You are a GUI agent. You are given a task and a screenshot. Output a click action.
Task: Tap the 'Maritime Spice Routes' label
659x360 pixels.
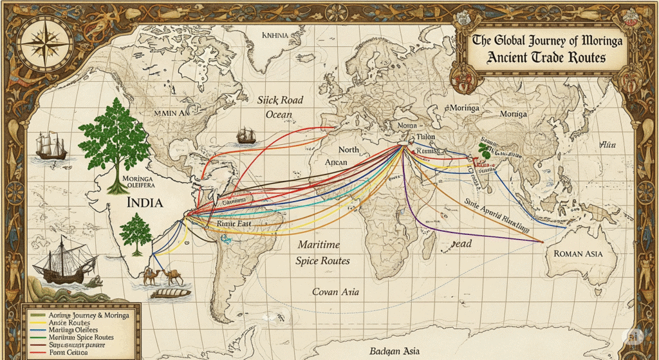coord(323,253)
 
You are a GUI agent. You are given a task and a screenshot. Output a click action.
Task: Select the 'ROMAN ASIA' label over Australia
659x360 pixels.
coord(577,254)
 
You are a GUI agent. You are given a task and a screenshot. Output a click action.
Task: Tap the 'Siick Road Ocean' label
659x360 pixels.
coord(279,108)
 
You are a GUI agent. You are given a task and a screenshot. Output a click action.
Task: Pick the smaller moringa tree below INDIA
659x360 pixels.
coord(135,232)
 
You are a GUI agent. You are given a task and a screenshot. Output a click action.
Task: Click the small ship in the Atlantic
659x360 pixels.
coord(246,136)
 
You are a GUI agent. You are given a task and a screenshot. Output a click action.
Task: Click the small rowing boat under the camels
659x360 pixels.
coord(171,292)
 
